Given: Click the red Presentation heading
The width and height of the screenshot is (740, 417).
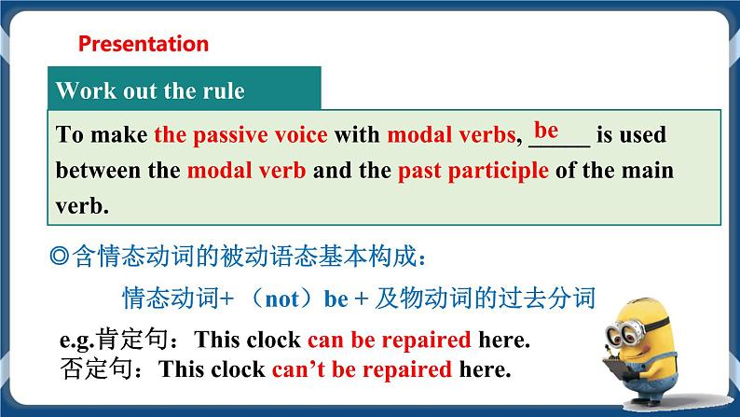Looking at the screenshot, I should (144, 44).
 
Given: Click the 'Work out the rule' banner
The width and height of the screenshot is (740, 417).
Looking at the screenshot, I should (150, 91).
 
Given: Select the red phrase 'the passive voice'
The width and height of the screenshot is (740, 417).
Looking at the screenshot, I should (240, 135).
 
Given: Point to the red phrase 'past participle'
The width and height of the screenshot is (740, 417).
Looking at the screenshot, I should (473, 172).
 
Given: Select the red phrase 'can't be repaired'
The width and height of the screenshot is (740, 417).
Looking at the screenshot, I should (362, 368).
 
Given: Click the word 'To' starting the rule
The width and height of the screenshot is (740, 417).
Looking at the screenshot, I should (71, 135).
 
